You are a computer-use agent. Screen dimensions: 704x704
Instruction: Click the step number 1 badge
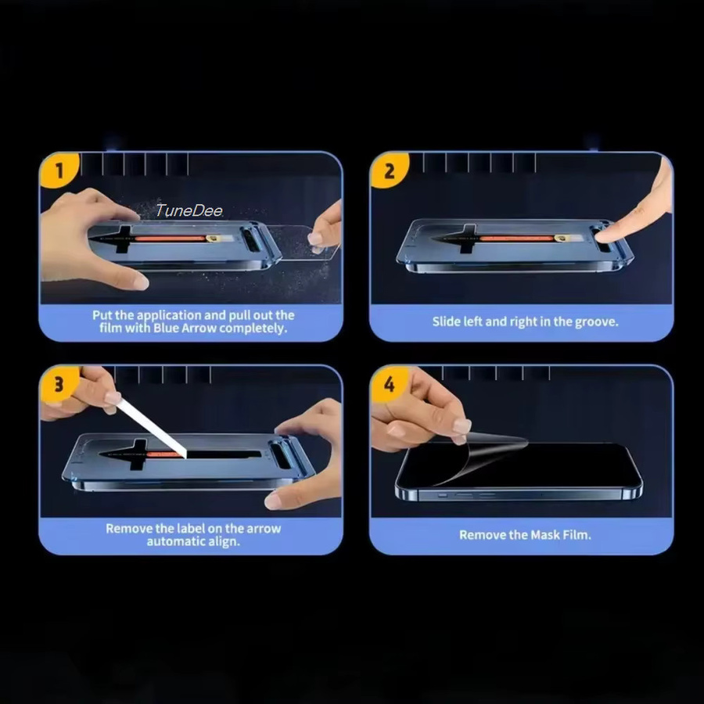tap(59, 171)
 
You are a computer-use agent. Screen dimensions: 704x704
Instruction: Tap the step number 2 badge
tap(389, 171)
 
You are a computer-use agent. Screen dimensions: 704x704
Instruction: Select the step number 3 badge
tap(59, 384)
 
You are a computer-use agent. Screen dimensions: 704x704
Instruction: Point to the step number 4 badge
tap(389, 384)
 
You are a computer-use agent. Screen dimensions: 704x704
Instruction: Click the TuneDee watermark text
tap(189, 210)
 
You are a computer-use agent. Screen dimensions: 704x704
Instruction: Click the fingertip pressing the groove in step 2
tap(607, 233)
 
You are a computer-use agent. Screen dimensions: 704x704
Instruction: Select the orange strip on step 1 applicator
tap(170, 239)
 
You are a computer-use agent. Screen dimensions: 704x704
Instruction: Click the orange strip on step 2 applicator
tap(516, 239)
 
